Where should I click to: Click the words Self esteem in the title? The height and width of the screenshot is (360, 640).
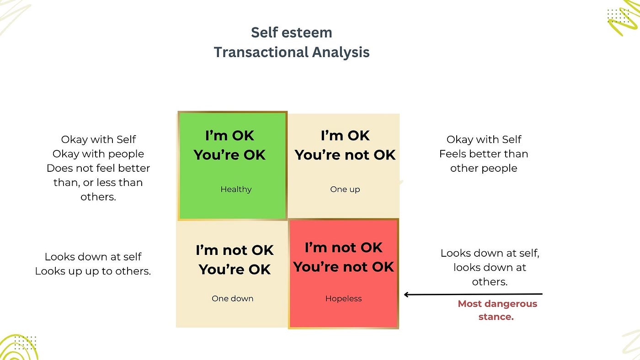[x=291, y=32]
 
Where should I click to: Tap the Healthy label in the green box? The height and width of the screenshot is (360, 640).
[x=236, y=189]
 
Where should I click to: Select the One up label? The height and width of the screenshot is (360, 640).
[x=345, y=189]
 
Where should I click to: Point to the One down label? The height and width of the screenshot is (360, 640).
[x=232, y=298]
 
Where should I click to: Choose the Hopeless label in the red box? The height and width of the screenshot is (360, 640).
[x=343, y=298]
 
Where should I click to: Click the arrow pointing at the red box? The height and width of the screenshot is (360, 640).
[x=473, y=294]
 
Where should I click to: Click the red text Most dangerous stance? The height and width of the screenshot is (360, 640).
[x=497, y=310]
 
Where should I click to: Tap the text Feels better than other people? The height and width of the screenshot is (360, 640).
[x=484, y=161]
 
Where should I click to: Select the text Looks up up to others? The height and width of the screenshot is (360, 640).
[x=93, y=271]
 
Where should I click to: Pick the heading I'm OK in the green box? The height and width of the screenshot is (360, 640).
[x=229, y=136]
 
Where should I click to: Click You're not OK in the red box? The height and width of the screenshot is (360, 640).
[x=343, y=266]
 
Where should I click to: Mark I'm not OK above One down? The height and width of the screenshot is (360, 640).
[x=235, y=250]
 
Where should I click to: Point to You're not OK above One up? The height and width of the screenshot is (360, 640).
[x=345, y=155]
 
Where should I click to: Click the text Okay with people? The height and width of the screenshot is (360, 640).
[x=98, y=154]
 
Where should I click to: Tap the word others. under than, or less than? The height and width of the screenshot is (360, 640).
[x=98, y=197]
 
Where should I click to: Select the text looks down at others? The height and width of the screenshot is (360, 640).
[x=490, y=275]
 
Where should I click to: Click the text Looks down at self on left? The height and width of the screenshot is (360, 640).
[x=93, y=257]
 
